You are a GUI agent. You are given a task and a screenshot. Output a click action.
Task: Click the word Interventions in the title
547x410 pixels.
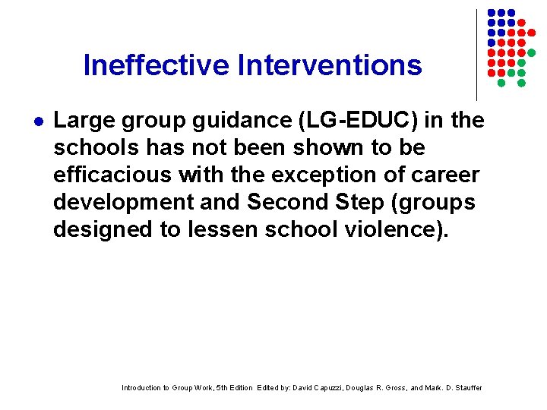(x=330, y=65)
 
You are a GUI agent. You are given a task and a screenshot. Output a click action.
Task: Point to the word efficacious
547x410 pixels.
(x=112, y=175)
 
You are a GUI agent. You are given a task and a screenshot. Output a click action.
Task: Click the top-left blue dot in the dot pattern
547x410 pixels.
(x=491, y=14)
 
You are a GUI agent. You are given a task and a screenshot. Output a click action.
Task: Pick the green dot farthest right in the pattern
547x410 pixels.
(x=532, y=52)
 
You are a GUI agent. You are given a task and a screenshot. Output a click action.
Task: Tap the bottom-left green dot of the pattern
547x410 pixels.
(x=501, y=82)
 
